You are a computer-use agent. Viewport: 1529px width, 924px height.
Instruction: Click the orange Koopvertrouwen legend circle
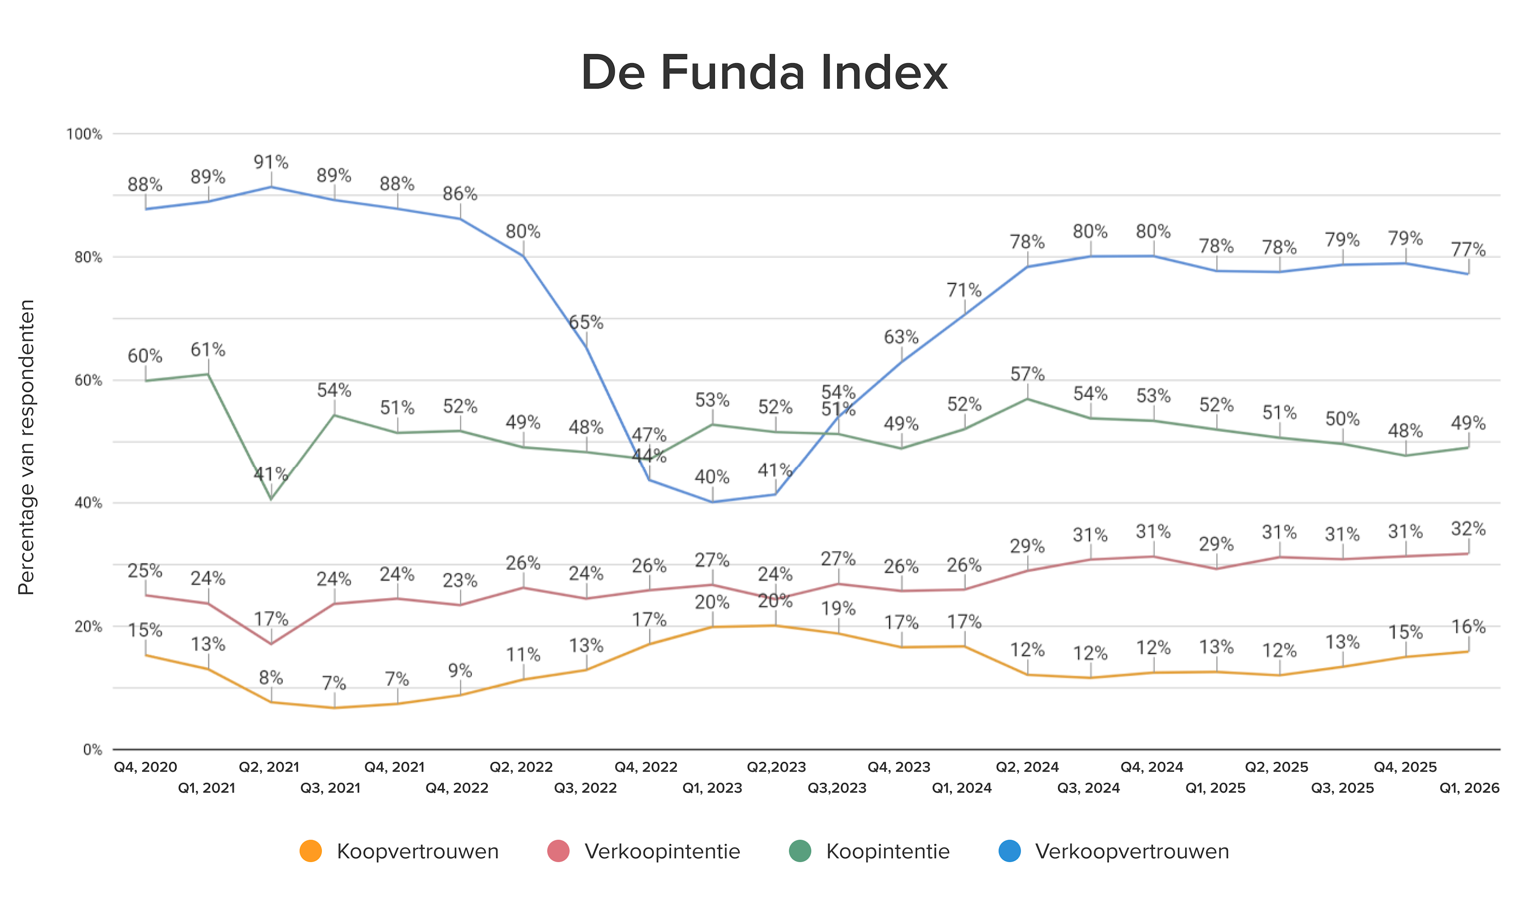[310, 851]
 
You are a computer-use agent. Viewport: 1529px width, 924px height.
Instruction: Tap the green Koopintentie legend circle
[800, 851]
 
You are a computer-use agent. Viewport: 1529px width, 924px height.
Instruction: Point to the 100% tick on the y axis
[84, 134]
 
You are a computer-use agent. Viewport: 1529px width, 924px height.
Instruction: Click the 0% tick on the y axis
[93, 750]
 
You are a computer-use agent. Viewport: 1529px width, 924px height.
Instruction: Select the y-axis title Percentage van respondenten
[26, 447]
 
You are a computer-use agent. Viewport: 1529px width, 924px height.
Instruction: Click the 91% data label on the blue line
[271, 162]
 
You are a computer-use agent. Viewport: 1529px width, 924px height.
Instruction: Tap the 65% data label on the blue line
[586, 322]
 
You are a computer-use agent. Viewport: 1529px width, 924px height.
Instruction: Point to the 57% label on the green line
[1027, 374]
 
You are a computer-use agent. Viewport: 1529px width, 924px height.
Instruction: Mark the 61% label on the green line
[208, 350]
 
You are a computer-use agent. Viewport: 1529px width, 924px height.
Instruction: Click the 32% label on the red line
[1468, 529]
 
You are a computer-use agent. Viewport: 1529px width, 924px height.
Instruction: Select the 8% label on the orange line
[271, 678]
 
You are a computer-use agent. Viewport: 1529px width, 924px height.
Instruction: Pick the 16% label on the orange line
[1468, 627]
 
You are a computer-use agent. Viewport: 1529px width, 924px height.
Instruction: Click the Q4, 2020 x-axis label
[145, 767]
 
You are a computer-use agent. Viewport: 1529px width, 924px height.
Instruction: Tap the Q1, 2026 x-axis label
[1469, 788]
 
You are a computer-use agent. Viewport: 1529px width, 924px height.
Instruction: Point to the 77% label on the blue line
[1468, 250]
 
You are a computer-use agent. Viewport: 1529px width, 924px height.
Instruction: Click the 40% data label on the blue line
[712, 477]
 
